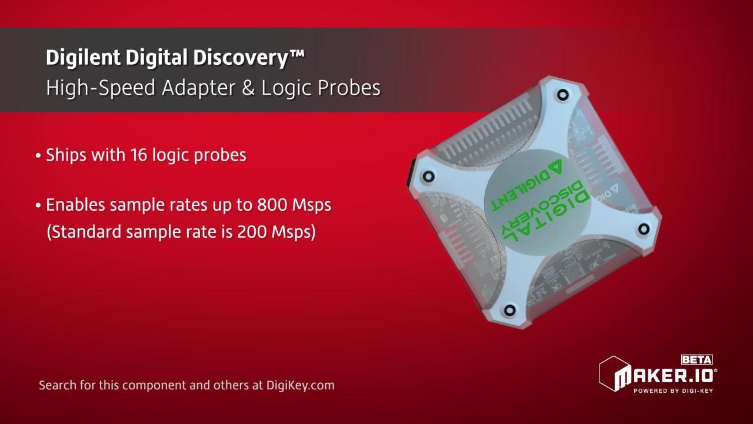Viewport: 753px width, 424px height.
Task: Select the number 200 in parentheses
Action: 252,232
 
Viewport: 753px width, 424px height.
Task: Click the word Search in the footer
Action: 57,386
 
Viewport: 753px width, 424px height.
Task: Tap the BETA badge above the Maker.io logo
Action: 697,360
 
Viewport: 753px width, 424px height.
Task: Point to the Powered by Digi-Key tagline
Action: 673,390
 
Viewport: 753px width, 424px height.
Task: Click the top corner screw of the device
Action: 563,94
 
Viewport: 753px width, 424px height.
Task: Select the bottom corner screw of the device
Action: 509,309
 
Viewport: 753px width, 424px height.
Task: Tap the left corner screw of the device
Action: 428,176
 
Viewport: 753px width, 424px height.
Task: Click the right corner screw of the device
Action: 644,228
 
